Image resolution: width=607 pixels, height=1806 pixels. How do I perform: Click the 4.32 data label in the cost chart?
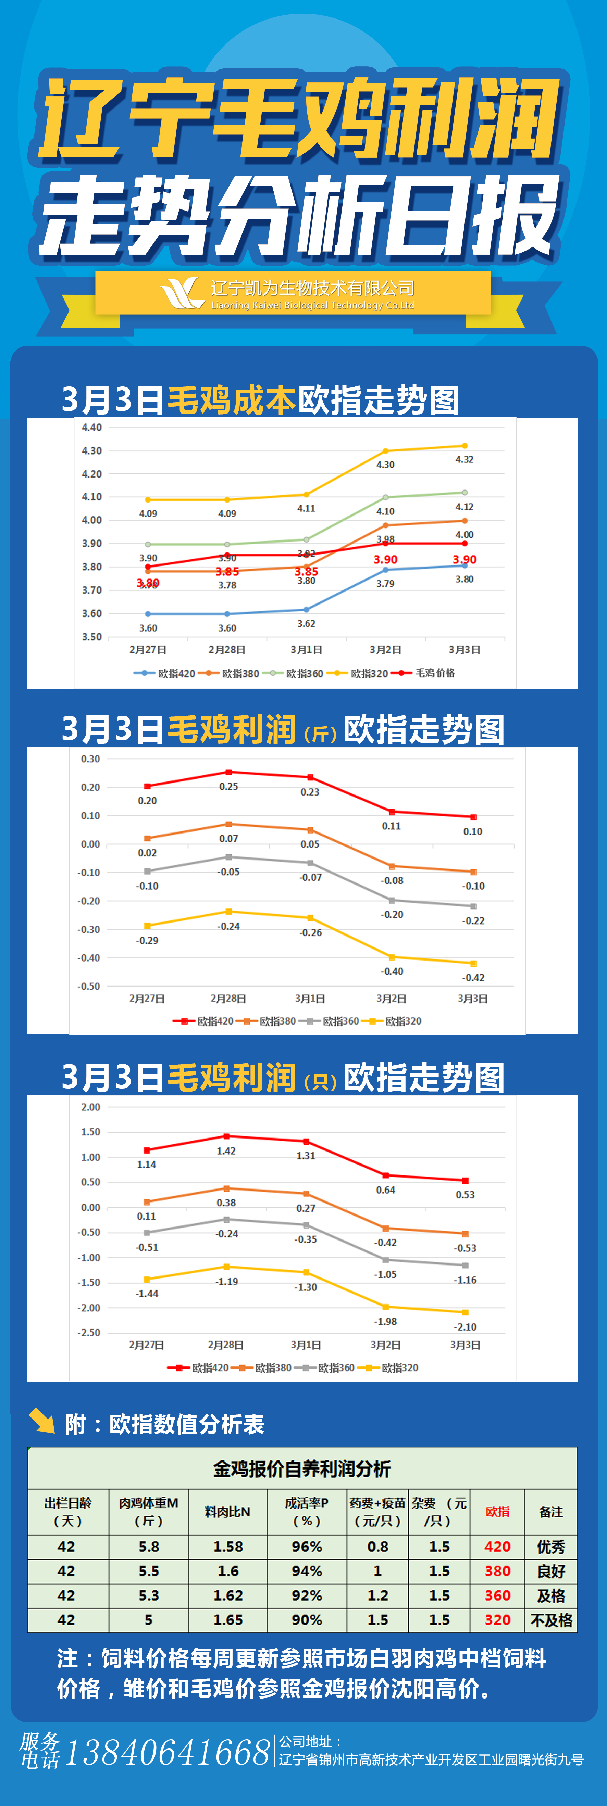464,460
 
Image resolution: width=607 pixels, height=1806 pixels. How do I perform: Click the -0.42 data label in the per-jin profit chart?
473,977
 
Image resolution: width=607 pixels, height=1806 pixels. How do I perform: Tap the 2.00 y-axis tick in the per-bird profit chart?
90,1107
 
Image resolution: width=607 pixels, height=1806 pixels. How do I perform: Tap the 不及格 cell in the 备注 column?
551,1620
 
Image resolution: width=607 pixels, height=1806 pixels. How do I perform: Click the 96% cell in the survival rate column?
307,1547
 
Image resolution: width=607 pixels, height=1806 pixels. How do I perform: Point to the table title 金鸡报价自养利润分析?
302,1469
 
